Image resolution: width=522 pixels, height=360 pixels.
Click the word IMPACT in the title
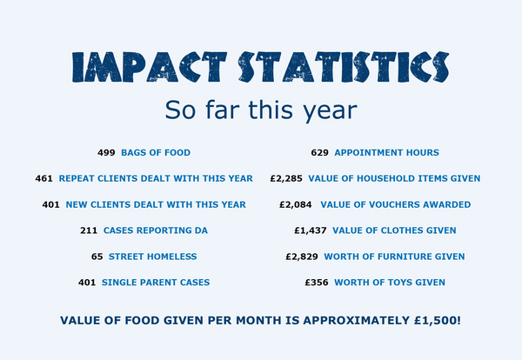point(138,68)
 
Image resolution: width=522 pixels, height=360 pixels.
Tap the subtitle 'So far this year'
point(260,110)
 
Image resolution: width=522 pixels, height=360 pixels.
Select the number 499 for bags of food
point(106,152)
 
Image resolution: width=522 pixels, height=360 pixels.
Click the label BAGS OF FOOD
point(156,152)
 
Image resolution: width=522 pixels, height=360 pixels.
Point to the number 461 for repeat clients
point(44,178)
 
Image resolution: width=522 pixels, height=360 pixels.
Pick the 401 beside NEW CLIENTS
point(50,204)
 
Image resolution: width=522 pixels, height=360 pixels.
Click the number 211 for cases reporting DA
point(89,230)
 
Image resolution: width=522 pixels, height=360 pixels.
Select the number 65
point(97,257)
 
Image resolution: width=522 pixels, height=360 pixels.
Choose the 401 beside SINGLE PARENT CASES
point(86,283)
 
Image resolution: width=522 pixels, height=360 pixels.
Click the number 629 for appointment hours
point(319,152)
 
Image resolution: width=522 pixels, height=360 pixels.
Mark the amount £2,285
point(286,178)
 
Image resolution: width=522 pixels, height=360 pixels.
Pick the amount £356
point(317,283)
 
